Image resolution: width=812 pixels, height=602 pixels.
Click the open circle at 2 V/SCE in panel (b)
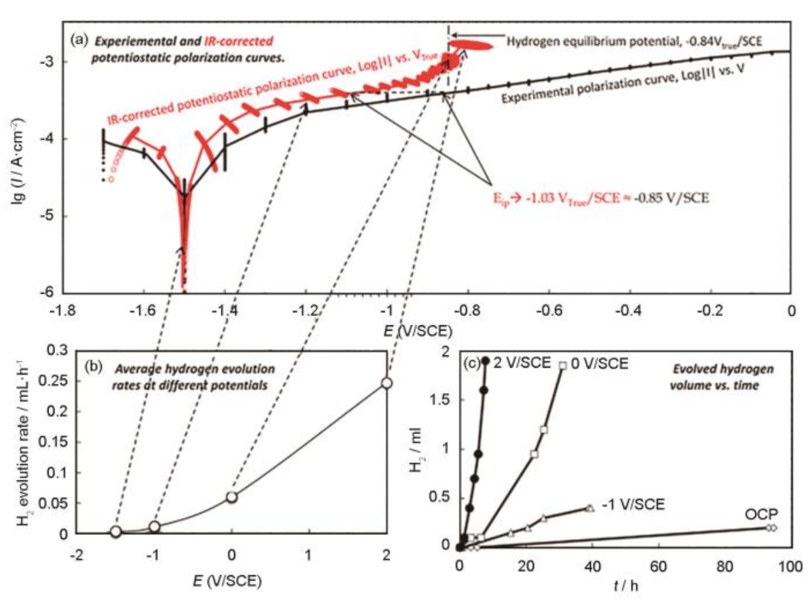click(x=387, y=382)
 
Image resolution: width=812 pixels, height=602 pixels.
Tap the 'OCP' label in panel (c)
click(x=760, y=514)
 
